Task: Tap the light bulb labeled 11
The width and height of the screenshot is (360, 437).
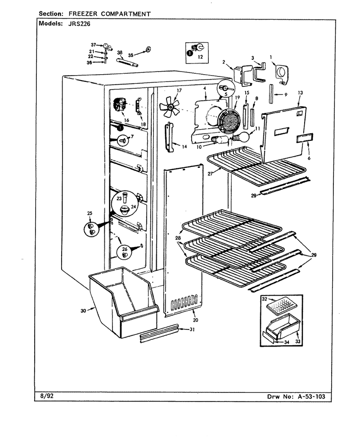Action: [x=240, y=137]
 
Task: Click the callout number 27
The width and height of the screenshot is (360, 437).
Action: [x=211, y=174]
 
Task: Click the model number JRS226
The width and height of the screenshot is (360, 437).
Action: [x=79, y=23]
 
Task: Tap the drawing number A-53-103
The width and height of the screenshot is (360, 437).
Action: [x=311, y=396]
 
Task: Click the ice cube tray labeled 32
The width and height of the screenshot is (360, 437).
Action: [x=280, y=306]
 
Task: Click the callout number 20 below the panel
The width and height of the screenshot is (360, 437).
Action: [x=195, y=320]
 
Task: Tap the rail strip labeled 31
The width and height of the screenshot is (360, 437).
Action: [x=159, y=333]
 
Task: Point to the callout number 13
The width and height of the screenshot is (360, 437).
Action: [x=300, y=93]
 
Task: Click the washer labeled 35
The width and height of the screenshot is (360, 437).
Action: [x=148, y=50]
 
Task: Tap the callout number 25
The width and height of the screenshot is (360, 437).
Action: [x=90, y=213]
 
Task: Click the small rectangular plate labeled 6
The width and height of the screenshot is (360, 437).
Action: [x=305, y=138]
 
